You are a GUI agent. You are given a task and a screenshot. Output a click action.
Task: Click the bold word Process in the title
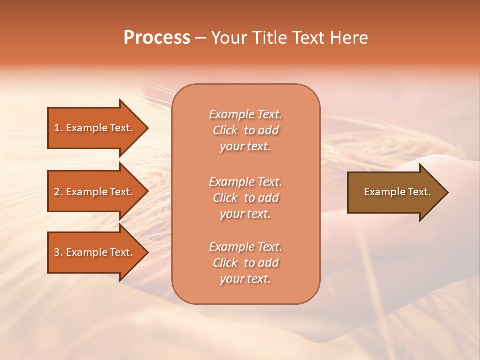pyautogui.click(x=157, y=38)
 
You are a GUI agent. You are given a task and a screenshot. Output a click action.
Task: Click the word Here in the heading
pyautogui.click(x=348, y=38)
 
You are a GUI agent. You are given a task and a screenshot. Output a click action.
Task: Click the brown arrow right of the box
pyautogui.click(x=395, y=192)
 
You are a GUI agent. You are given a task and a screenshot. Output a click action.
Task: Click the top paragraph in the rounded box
pyautogui.click(x=245, y=130)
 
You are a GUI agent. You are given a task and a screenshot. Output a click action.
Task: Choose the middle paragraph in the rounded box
pyautogui.click(x=245, y=197)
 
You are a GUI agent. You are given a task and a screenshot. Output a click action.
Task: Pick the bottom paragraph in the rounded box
pyautogui.click(x=245, y=263)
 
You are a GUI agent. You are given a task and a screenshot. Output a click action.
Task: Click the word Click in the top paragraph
pyautogui.click(x=225, y=130)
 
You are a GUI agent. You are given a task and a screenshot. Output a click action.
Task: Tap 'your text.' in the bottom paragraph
pyautogui.click(x=245, y=279)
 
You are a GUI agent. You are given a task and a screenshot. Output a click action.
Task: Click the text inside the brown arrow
pyautogui.click(x=397, y=192)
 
